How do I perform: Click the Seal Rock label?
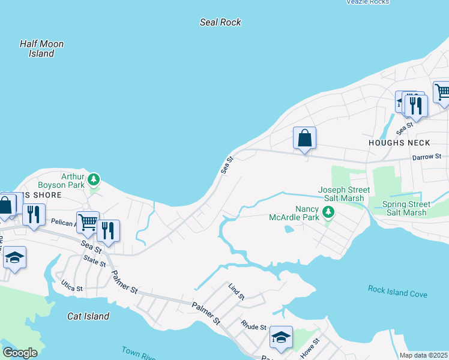coord(220,22)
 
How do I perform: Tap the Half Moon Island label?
coord(41,49)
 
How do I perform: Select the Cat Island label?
coord(88,316)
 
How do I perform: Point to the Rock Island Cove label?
coord(397,292)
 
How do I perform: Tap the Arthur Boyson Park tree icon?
coord(93,179)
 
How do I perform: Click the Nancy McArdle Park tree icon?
coord(328,212)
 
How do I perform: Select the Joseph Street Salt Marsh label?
coord(344,194)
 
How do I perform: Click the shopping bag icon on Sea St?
coord(304,138)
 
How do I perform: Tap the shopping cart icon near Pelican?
coord(88,222)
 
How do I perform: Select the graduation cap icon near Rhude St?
coord(280,337)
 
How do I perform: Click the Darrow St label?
coord(427,157)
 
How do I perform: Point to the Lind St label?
coord(237,293)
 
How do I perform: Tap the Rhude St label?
coord(253,327)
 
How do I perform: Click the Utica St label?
coord(71,289)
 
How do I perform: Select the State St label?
coord(95,261)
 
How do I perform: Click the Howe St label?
coord(310,349)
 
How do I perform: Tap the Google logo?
coord(20,353)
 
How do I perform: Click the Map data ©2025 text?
coord(423,355)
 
